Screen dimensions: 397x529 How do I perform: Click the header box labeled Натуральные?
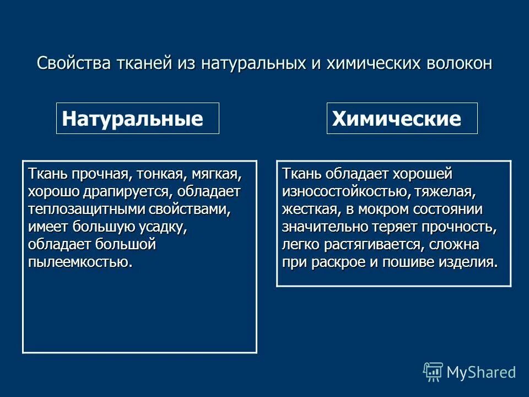(138, 119)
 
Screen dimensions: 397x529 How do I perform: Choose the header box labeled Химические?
(402, 119)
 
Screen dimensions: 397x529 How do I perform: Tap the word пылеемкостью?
(80, 261)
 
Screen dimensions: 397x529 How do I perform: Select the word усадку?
(159, 227)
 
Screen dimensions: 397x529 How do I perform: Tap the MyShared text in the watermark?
(481, 372)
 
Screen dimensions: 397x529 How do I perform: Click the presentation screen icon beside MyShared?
(433, 372)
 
